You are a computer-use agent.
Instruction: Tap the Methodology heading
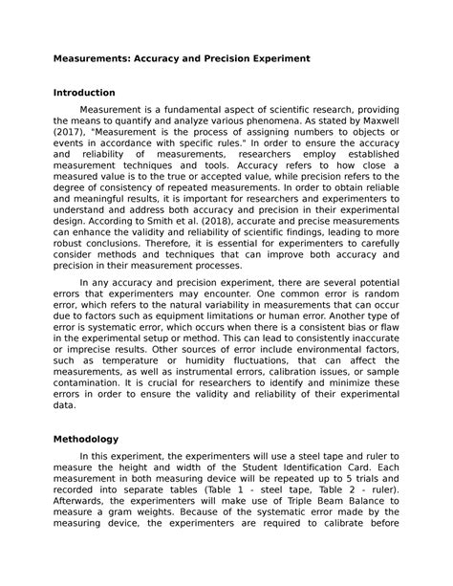85,439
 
